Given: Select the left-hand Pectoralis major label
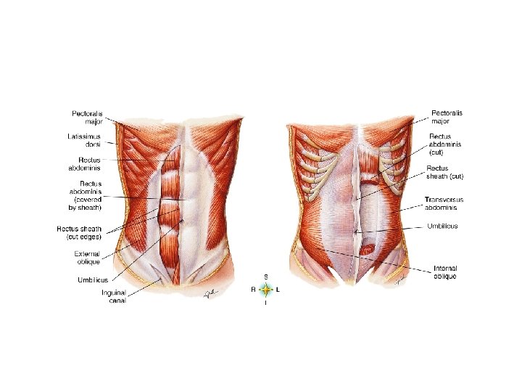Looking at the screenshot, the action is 88,118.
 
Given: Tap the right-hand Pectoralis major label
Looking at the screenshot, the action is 447,118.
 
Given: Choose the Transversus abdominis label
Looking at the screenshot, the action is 444,203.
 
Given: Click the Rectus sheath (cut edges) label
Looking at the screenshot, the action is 79,232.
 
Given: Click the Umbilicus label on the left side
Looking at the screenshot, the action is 92,279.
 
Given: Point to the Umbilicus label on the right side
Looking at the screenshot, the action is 442,226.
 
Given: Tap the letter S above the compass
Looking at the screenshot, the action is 266,277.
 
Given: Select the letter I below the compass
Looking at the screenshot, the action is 266,303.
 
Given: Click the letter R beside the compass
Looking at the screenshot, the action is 253,290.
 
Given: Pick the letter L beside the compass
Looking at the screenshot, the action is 279,290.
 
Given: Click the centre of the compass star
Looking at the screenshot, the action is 266,290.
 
